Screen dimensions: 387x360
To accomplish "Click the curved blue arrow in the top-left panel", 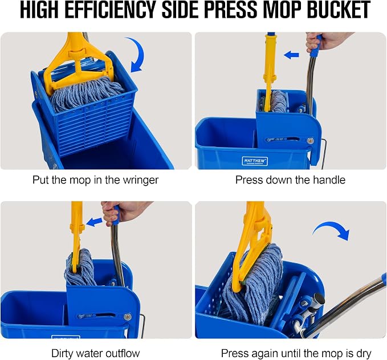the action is pyautogui.click(x=135, y=54).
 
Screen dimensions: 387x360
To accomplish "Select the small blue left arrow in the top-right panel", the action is pyautogui.click(x=291, y=55).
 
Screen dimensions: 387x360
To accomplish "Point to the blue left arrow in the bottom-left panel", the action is pyautogui.click(x=95, y=222).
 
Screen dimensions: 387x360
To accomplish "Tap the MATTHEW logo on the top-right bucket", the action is pyautogui.click(x=255, y=161).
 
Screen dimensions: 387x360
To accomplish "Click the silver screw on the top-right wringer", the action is pyautogui.click(x=311, y=141).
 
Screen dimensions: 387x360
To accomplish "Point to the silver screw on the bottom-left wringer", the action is pyautogui.click(x=127, y=317).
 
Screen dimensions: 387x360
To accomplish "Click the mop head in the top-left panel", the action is pyautogui.click(x=87, y=93).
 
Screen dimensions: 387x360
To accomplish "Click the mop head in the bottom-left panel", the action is pyautogui.click(x=80, y=268).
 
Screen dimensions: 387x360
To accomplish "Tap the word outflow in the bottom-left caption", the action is pyautogui.click(x=123, y=353).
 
